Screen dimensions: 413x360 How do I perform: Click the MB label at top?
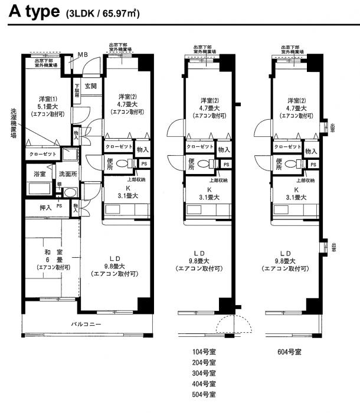click(83, 55)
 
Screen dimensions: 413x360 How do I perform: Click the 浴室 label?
click(40, 174)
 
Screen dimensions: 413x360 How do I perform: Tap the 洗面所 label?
click(68, 174)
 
